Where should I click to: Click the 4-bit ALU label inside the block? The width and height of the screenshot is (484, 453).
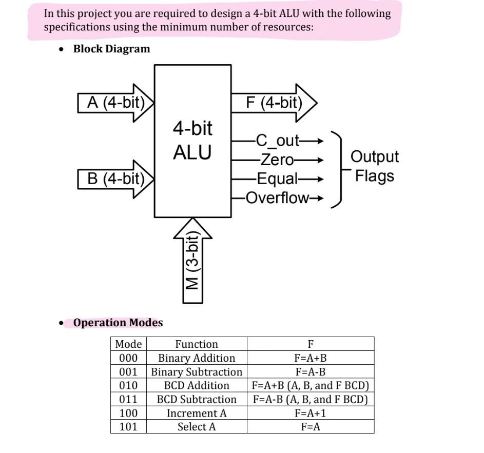tap(192, 140)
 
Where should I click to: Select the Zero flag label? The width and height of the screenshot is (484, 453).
tap(277, 160)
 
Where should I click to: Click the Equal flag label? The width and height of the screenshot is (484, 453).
tap(277, 179)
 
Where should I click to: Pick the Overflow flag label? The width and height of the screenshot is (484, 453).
tap(277, 198)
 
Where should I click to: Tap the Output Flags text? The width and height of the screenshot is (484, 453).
tap(375, 166)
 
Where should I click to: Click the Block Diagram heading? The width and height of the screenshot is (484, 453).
tap(111, 49)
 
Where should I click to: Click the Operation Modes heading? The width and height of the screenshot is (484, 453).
tap(118, 323)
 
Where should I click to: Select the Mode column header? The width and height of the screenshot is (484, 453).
tap(128, 344)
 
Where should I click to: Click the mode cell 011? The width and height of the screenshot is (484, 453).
tap(128, 399)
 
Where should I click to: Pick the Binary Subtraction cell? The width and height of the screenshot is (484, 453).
tap(197, 372)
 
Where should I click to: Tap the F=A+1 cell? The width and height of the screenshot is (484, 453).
tap(310, 413)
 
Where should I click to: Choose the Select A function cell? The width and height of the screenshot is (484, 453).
tap(197, 427)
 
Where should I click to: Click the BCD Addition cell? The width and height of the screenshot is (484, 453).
tap(197, 385)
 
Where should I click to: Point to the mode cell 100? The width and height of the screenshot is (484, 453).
tap(128, 413)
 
